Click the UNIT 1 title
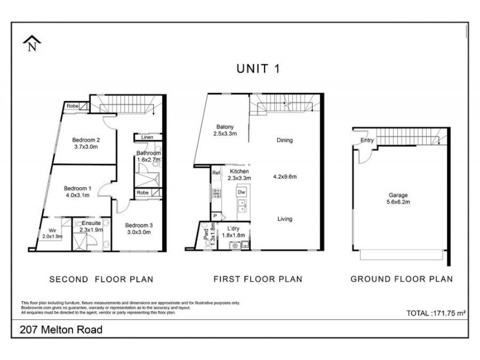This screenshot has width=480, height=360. point(257,68)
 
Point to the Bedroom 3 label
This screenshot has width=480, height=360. point(139,226)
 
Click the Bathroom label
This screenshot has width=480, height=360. point(149,153)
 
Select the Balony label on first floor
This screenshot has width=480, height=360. point(226,127)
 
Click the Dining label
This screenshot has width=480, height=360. point(284,141)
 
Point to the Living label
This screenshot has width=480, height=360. point(284,219)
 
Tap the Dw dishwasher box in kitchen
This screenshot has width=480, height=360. point(241,192)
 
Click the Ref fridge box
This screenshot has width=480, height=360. point(216,173)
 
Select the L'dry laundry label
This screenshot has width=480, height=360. point(234,229)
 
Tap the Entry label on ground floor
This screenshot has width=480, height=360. point(367,141)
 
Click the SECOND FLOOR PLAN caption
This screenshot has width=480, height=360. point(101,279)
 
